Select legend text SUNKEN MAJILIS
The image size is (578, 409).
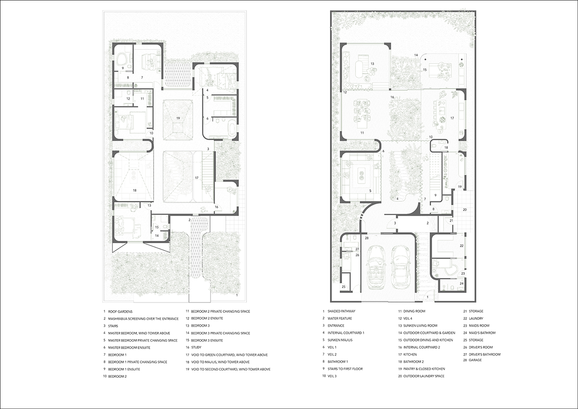click(x=340, y=340)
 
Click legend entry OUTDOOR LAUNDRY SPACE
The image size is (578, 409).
click(x=424, y=376)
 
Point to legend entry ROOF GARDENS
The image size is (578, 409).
click(x=120, y=312)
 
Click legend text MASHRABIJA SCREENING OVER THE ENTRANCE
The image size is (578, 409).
click(x=143, y=319)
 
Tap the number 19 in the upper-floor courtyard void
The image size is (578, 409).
click(x=178, y=118)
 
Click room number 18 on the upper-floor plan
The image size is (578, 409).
click(x=134, y=190)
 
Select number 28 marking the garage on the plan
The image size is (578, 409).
click(x=367, y=238)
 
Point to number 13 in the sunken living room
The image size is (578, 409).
click(x=372, y=64)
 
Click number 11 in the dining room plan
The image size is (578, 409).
click(x=362, y=133)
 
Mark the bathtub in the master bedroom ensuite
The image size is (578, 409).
click(x=232, y=128)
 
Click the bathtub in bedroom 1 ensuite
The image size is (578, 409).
click(x=121, y=59)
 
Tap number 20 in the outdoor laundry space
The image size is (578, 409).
click(x=465, y=210)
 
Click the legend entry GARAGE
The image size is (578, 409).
click(x=475, y=360)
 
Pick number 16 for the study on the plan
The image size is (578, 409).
click(x=216, y=207)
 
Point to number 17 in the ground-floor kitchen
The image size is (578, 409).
click(x=452, y=118)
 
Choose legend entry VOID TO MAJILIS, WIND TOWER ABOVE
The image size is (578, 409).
click(x=221, y=362)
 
